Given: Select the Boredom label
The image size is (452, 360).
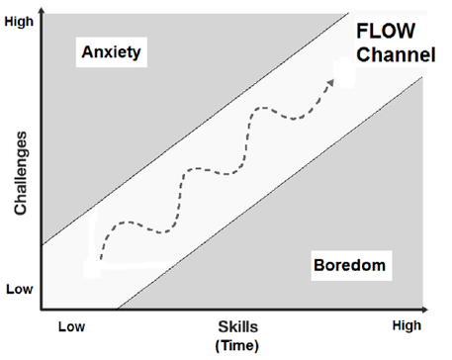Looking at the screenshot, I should point(346,265).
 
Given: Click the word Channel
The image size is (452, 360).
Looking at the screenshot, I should point(394,56).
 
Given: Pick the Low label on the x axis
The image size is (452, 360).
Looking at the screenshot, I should point(71,325).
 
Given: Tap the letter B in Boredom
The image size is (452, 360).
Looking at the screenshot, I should point(317,265).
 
